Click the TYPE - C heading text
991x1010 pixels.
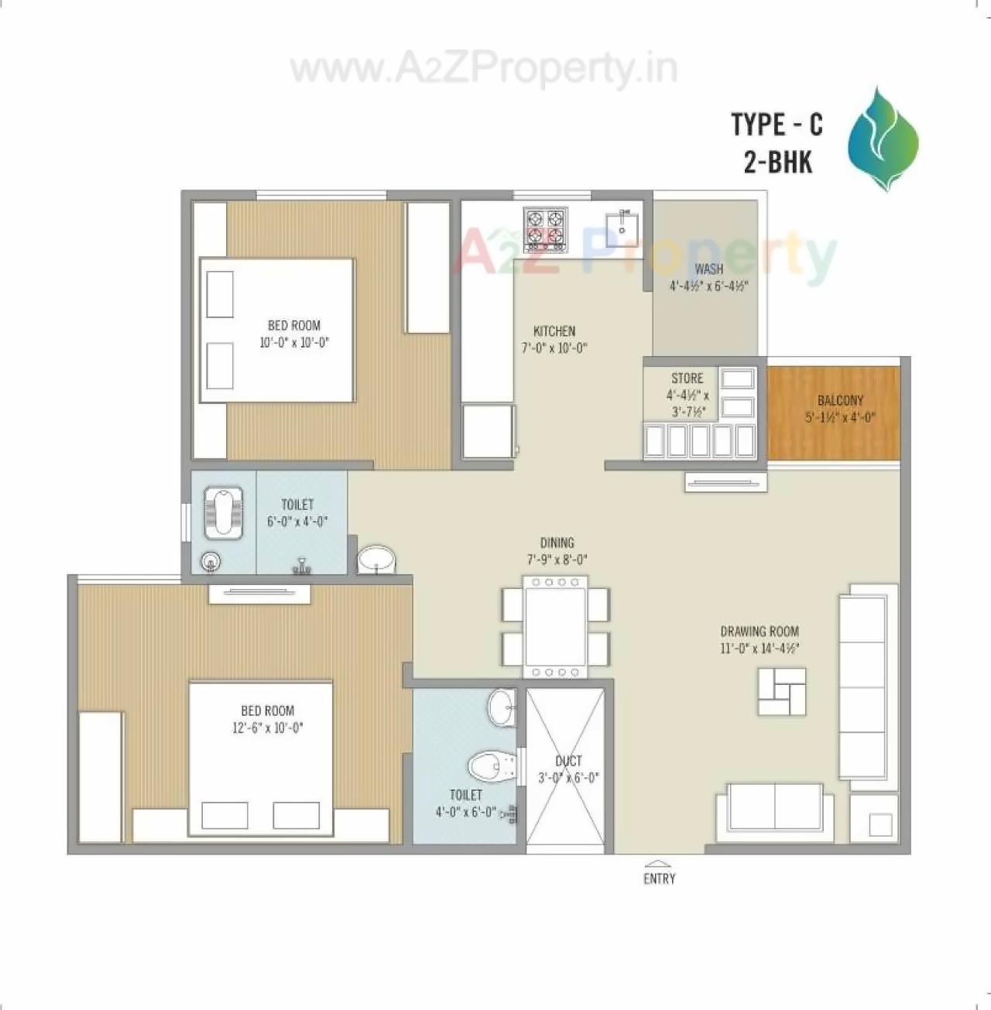[x=777, y=124]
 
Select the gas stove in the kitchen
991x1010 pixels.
[x=546, y=229]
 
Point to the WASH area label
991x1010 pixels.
[x=708, y=269]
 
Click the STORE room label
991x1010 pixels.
[x=687, y=378]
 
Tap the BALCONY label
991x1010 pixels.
[x=840, y=400]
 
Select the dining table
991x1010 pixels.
[x=555, y=627]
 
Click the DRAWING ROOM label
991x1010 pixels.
[x=760, y=632]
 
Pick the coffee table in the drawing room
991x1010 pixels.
[x=782, y=691]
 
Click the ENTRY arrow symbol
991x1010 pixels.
[x=659, y=864]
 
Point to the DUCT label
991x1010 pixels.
[x=568, y=762]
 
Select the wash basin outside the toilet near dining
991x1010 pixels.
[x=376, y=559]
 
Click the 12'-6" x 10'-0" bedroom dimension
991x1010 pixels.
[x=267, y=728]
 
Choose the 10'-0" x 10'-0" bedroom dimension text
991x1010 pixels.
[x=294, y=342]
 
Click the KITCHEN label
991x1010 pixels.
[x=554, y=331]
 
